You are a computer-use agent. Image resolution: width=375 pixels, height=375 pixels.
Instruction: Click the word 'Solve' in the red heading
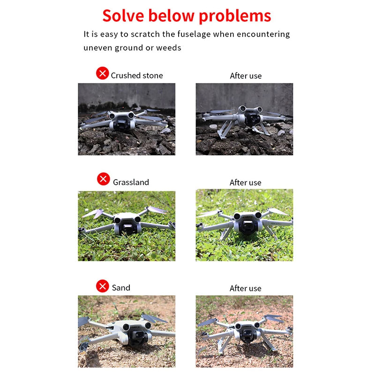tap(123, 15)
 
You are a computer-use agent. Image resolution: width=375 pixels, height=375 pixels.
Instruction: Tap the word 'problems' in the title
tap(235, 16)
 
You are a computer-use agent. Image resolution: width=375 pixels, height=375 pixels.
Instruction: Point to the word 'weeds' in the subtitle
tap(168, 47)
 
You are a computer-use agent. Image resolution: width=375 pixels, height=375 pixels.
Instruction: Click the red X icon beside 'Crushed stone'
tap(102, 73)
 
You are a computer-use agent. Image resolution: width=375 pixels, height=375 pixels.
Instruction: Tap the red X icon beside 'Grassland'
tap(103, 179)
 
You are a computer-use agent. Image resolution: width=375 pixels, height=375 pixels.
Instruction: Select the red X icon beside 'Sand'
tap(102, 286)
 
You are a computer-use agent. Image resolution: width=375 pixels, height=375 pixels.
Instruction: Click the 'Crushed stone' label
tap(137, 75)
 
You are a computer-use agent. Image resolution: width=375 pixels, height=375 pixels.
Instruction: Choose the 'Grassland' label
tap(131, 182)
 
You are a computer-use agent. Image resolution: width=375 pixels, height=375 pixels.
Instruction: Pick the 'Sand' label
tap(121, 288)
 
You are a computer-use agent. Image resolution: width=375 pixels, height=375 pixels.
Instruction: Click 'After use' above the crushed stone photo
tap(246, 75)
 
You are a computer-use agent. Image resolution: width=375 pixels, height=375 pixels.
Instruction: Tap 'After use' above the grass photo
tap(245, 182)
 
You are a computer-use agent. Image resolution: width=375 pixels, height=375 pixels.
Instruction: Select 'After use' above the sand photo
tap(245, 288)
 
